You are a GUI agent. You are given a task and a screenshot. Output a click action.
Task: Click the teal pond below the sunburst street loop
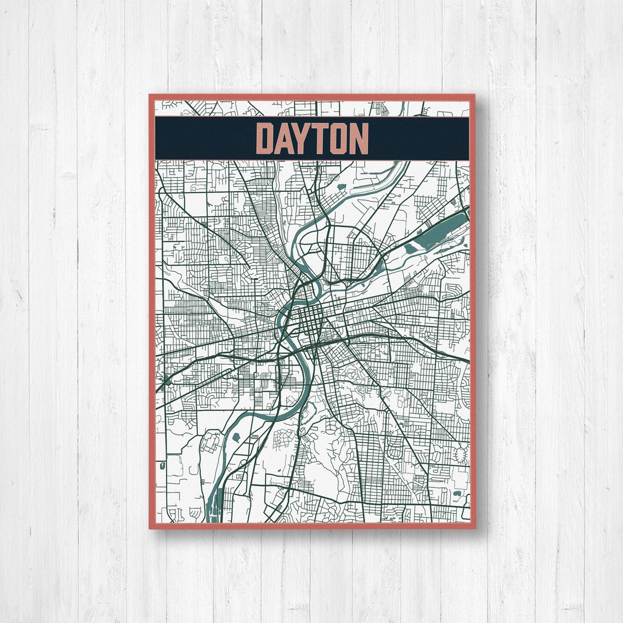tap(457, 495)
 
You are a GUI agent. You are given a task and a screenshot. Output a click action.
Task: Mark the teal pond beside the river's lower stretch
tap(237, 437)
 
